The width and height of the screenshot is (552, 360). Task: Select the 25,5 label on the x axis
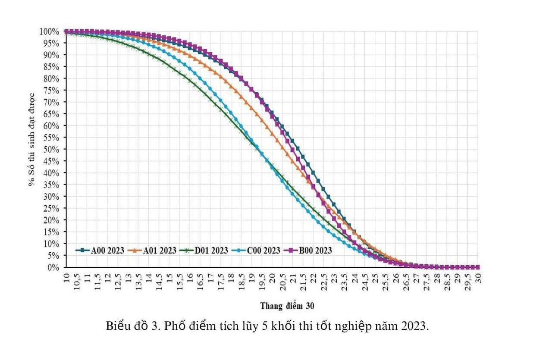point(385,279)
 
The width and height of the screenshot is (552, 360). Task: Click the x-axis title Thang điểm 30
point(287,306)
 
